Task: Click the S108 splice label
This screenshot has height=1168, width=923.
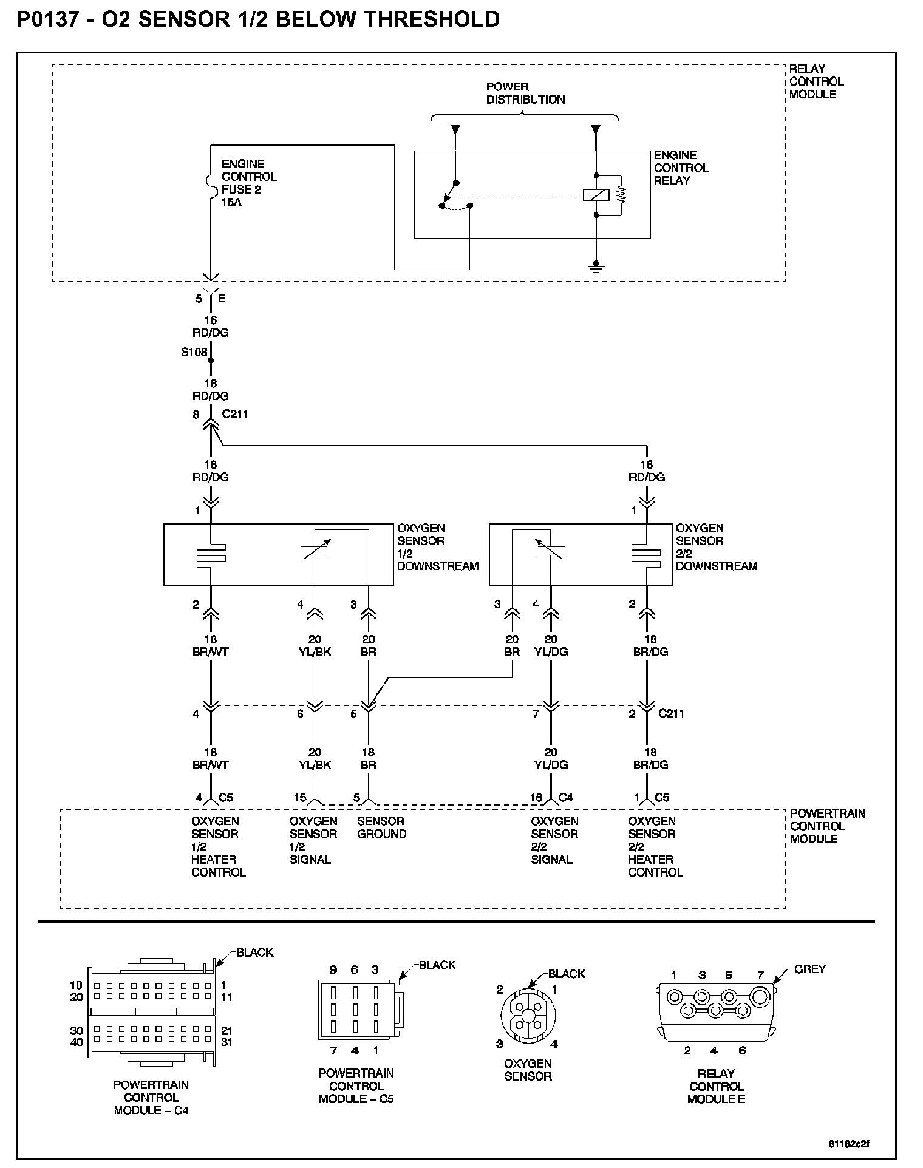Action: (x=194, y=352)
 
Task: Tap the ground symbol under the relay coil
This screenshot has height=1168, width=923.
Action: (x=596, y=266)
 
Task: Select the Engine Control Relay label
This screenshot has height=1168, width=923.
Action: (x=681, y=168)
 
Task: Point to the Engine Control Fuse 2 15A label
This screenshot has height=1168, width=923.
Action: (x=248, y=183)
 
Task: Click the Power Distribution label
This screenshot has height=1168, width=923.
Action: (x=525, y=93)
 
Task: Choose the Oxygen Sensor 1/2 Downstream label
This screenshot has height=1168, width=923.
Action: (x=437, y=547)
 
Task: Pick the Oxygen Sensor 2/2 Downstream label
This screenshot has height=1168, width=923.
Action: (x=716, y=547)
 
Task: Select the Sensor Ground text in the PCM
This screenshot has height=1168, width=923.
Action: (x=381, y=827)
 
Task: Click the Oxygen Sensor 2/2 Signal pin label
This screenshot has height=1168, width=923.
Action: (x=554, y=840)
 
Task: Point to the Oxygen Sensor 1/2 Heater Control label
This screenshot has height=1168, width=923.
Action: (x=218, y=847)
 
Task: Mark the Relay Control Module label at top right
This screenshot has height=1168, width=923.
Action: (x=816, y=81)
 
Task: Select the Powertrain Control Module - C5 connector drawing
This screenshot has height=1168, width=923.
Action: (x=356, y=1010)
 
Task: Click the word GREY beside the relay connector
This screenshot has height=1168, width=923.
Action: (x=809, y=969)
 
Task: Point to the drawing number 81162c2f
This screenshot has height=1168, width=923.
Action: (x=848, y=1144)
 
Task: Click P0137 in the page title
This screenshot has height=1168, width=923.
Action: (x=47, y=20)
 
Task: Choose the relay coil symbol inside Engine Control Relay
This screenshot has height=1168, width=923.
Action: (x=596, y=195)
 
